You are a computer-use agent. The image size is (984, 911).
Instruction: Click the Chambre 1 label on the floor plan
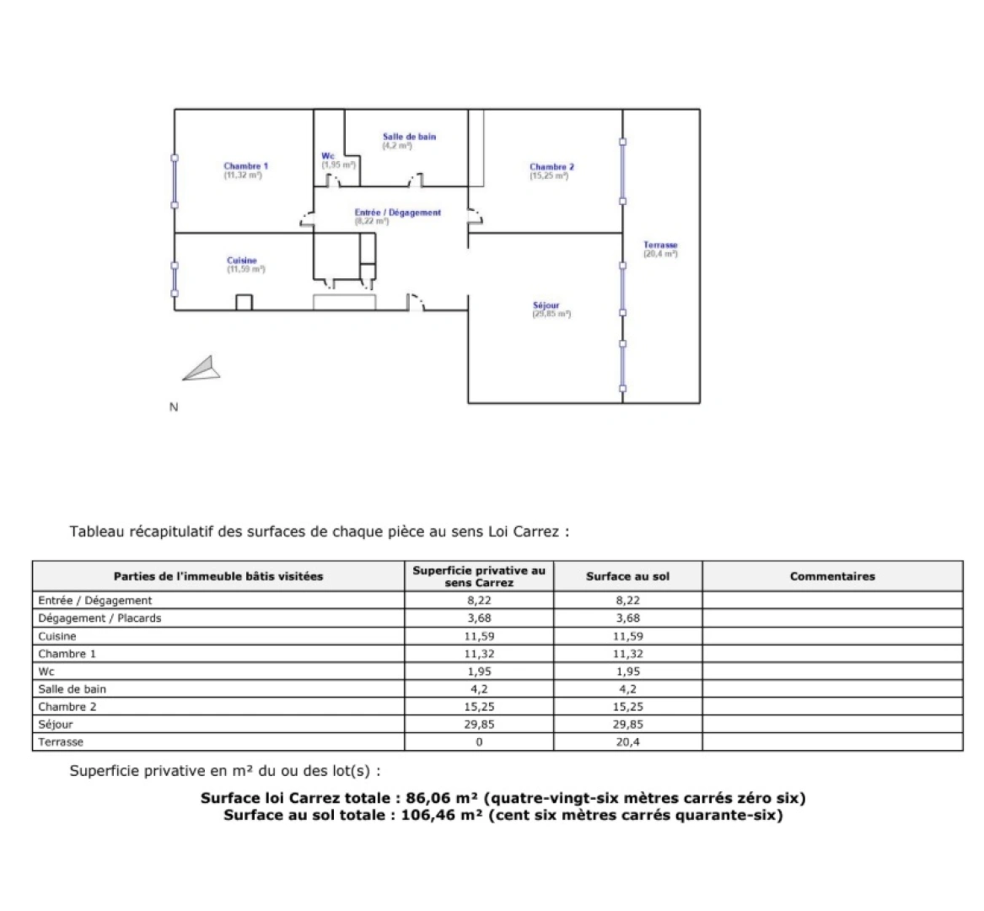tap(245, 166)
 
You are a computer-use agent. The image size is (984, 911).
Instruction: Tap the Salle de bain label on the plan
tap(409, 137)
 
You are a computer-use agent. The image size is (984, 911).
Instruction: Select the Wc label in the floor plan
tap(328, 156)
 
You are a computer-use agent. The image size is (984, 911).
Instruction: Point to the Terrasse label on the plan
tap(660, 245)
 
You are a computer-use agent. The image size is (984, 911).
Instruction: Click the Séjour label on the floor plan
tap(546, 305)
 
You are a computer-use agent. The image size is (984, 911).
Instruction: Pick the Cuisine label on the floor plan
tap(242, 261)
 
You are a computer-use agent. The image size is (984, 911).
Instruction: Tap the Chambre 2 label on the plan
tap(551, 167)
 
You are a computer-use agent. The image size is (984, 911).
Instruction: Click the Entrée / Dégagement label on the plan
tap(398, 213)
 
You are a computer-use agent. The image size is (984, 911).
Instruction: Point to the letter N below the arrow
tap(174, 407)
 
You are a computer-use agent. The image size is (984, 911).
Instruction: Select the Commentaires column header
tap(832, 577)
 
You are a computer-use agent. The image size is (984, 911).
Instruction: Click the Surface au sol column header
tap(627, 577)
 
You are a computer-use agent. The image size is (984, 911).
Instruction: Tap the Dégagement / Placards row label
tap(99, 618)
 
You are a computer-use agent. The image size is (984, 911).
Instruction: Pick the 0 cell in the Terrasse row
tap(479, 742)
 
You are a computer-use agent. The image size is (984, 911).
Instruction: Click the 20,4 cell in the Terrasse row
tap(627, 742)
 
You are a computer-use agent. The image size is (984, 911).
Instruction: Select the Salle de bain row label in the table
tap(73, 689)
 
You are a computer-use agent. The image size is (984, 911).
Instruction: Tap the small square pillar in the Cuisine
tap(244, 302)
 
